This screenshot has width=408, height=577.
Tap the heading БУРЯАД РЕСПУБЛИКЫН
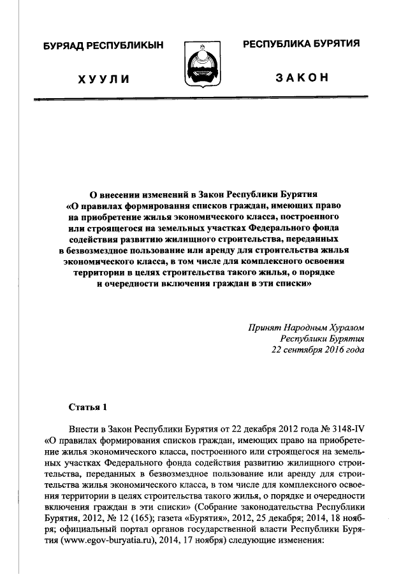click(103, 45)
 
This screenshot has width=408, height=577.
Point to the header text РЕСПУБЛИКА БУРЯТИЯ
click(301, 44)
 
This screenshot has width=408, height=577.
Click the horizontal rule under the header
click(203, 98)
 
